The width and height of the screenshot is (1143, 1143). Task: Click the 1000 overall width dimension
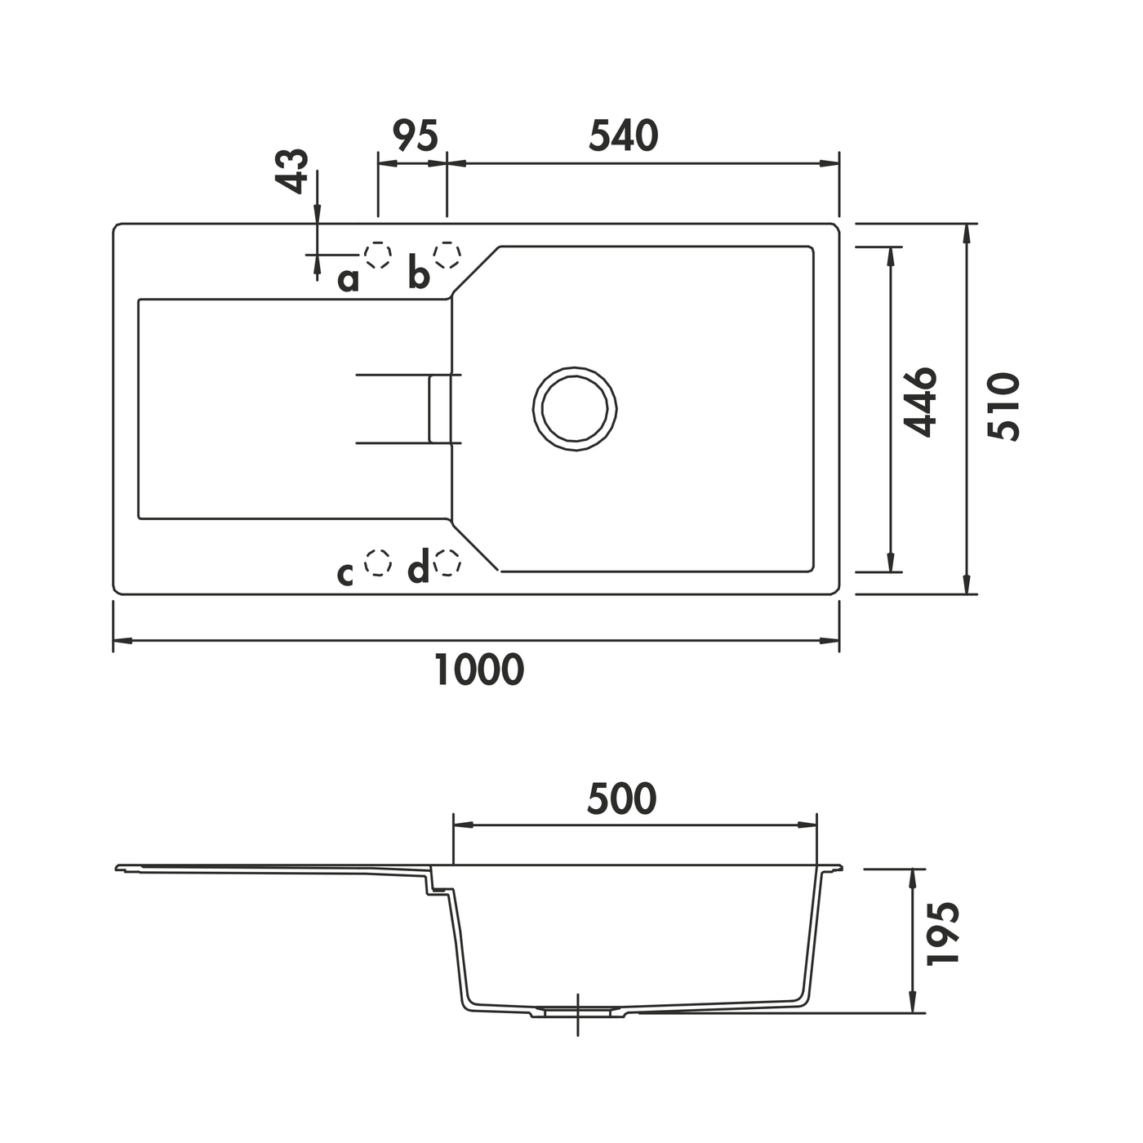tap(479, 669)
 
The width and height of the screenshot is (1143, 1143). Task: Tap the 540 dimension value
tap(624, 136)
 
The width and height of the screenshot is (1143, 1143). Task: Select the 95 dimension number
tap(416, 136)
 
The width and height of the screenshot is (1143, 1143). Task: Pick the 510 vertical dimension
tap(1003, 407)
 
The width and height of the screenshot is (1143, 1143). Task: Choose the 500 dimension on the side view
tap(621, 799)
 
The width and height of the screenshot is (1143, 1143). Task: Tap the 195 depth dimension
tap(942, 934)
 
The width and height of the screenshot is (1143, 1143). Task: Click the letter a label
tap(348, 280)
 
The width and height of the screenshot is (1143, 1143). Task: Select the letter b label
tap(419, 273)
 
